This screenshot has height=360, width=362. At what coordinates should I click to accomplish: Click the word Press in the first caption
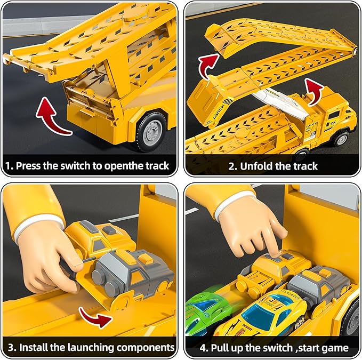(30, 166)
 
